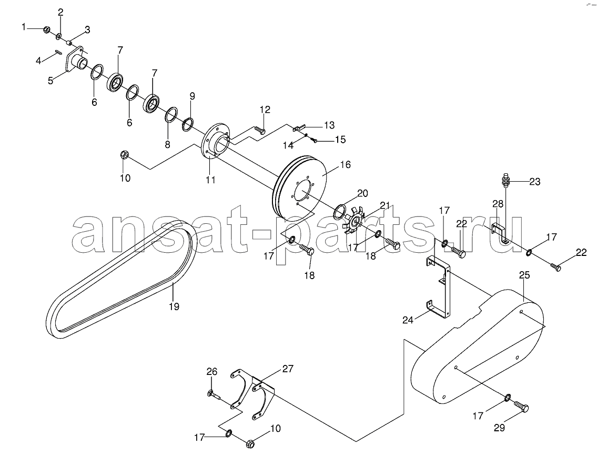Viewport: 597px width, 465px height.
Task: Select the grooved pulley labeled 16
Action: (299, 187)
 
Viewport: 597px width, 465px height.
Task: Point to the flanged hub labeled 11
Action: (216, 143)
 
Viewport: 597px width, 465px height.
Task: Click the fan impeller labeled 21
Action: (354, 220)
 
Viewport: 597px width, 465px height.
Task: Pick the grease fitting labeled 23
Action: (505, 181)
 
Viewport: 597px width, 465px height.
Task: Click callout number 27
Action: (288, 369)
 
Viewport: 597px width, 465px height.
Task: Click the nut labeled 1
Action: (46, 29)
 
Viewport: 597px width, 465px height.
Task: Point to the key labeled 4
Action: (59, 52)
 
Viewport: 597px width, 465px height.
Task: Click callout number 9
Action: (192, 96)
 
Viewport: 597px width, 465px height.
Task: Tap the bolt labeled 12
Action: (260, 131)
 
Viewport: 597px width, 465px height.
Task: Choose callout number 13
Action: (329, 125)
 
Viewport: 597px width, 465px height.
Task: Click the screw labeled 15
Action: (314, 140)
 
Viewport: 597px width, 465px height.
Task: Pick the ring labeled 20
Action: (340, 210)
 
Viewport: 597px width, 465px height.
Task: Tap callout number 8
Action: (167, 144)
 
